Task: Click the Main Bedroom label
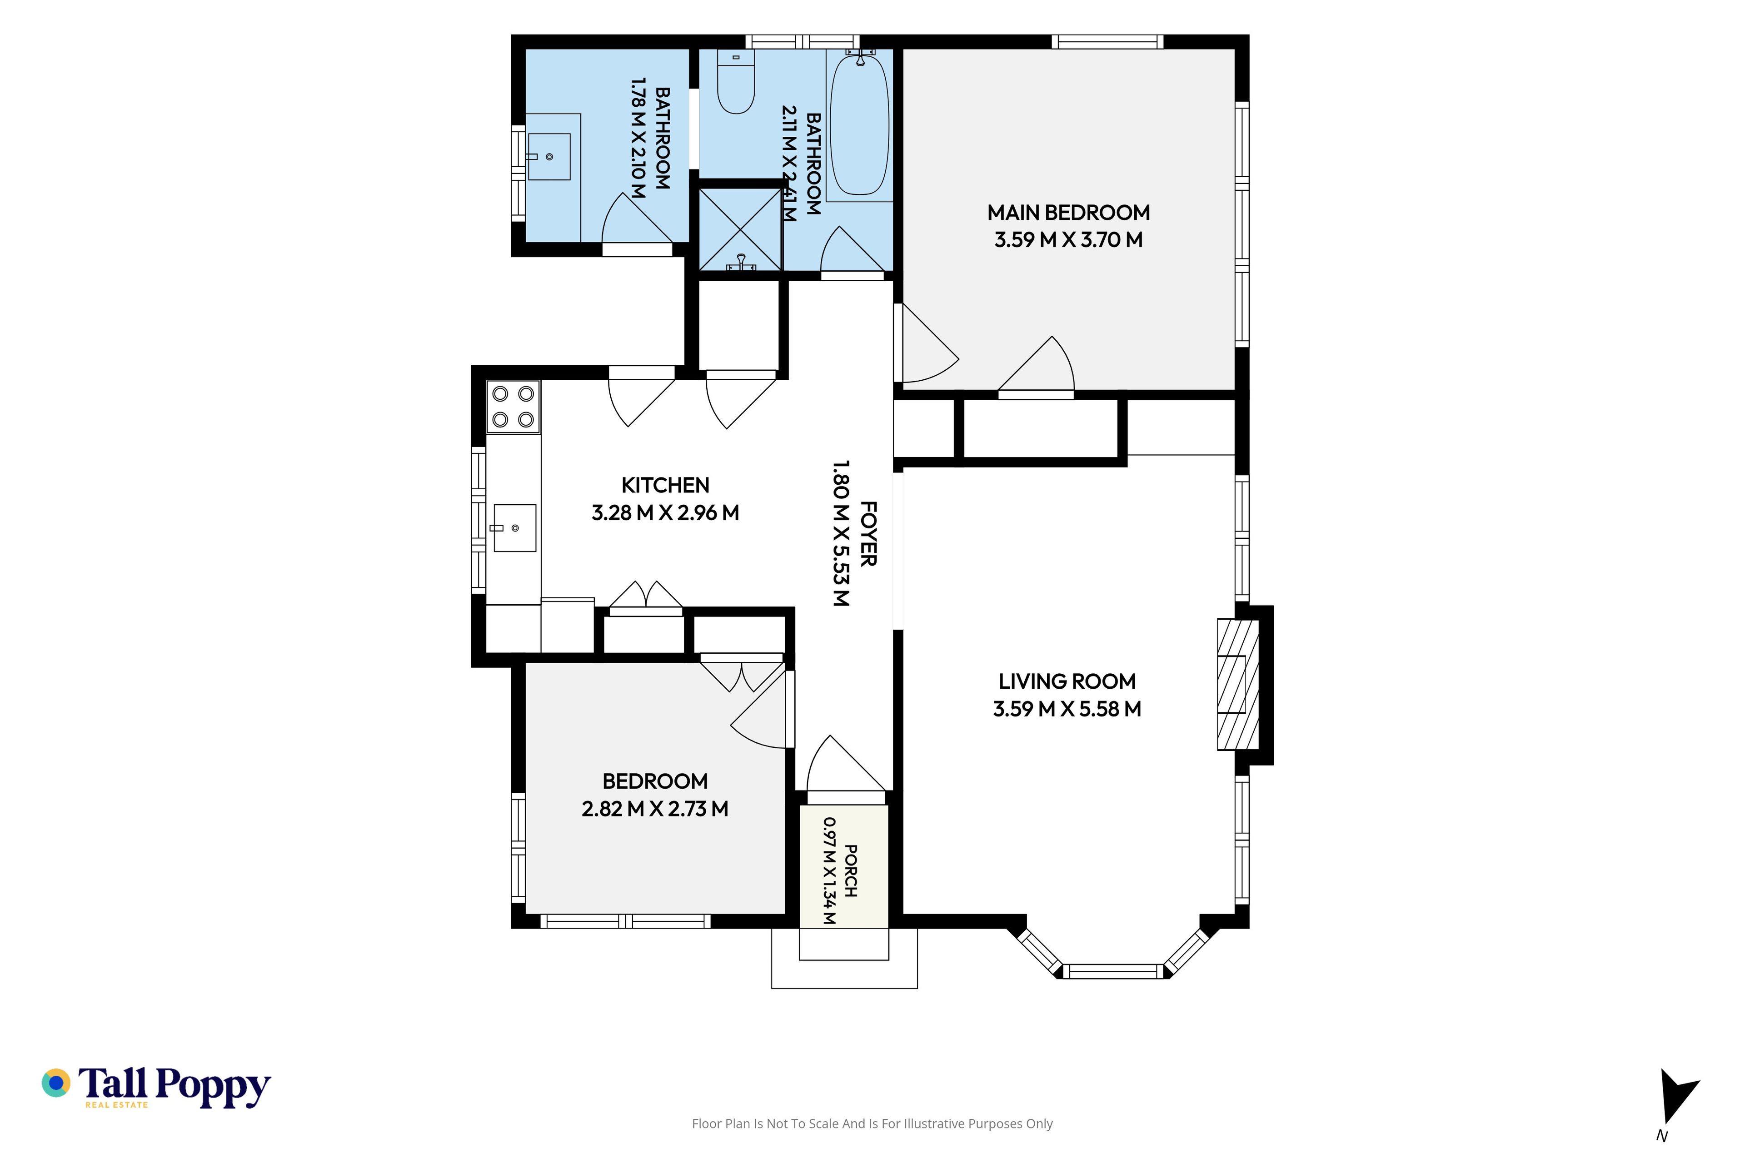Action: (x=1068, y=213)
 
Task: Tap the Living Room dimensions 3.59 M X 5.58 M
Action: (x=1067, y=709)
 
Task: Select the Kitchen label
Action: (x=665, y=485)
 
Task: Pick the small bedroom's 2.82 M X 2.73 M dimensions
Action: (x=655, y=809)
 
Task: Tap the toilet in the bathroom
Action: (x=736, y=82)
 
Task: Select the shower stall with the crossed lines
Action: (x=740, y=229)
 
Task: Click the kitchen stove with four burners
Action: (x=514, y=407)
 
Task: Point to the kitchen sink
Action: (x=515, y=527)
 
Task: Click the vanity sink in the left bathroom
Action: (x=549, y=156)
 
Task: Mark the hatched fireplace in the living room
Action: (x=1237, y=685)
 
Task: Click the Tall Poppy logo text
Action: (x=174, y=1087)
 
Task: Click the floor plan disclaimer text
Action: (x=872, y=1123)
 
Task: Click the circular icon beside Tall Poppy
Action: (x=55, y=1083)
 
